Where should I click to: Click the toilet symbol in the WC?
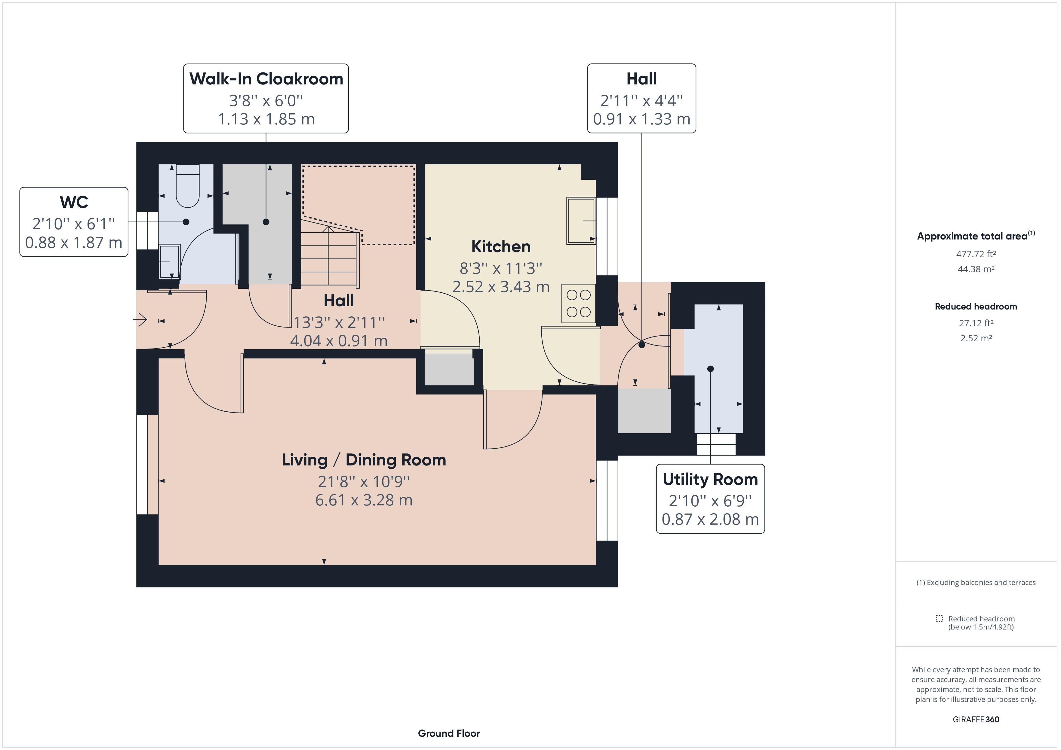(x=187, y=187)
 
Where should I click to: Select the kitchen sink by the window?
(x=580, y=221)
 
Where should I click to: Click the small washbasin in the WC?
(x=169, y=261)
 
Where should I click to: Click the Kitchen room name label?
(x=500, y=247)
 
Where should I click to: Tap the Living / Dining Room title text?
(x=364, y=460)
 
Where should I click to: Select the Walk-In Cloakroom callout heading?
(x=266, y=79)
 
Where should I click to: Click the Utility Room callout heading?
(x=710, y=479)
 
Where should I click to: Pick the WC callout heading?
(x=74, y=202)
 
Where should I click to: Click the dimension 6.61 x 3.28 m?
(x=364, y=500)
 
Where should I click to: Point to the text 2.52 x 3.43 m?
(x=500, y=287)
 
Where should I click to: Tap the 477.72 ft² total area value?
(x=976, y=254)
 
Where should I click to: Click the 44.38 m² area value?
(x=976, y=269)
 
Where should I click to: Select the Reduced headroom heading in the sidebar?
(x=976, y=307)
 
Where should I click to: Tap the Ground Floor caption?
(x=449, y=733)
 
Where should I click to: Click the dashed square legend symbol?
(x=939, y=618)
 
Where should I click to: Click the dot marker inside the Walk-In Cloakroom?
(x=266, y=222)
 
